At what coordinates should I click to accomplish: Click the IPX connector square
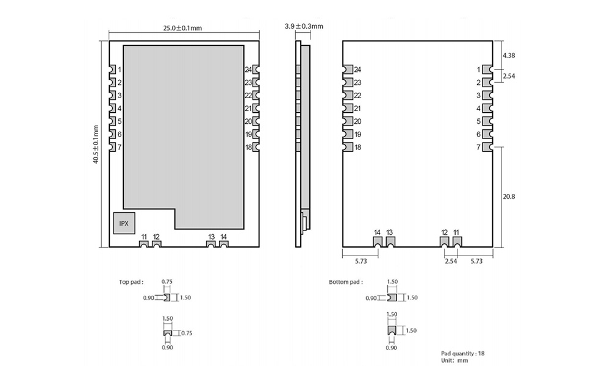(124, 223)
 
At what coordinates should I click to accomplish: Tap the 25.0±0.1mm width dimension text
(182, 28)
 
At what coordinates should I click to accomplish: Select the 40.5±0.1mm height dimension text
(96, 145)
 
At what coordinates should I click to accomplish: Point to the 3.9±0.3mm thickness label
(304, 26)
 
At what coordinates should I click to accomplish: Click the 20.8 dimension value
(509, 196)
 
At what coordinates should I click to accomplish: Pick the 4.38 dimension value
(509, 55)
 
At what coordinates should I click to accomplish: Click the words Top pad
(131, 282)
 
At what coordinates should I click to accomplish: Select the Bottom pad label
(345, 282)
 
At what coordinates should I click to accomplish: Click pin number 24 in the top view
(248, 70)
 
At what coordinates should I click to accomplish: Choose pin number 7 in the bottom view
(478, 147)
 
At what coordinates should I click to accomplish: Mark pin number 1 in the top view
(120, 70)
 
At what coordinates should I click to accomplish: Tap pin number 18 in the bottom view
(357, 147)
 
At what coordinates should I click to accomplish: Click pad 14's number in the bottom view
(378, 232)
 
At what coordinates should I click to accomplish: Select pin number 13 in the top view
(211, 237)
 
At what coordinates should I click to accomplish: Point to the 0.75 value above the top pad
(167, 282)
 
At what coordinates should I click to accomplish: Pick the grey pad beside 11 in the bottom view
(457, 241)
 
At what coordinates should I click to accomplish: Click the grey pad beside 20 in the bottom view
(348, 121)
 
